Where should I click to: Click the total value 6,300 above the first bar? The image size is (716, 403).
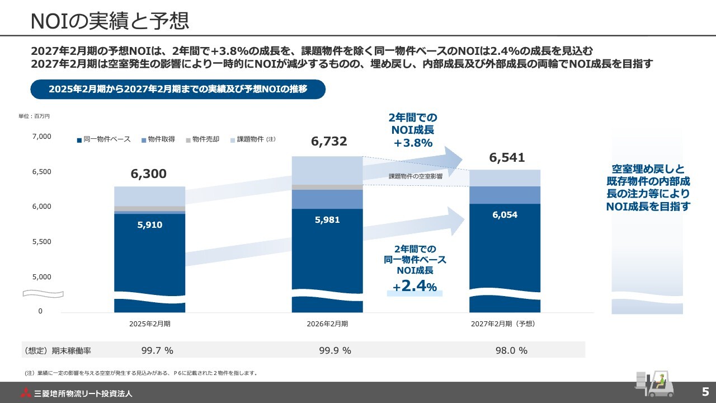(149, 174)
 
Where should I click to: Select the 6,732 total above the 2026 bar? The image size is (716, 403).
(329, 142)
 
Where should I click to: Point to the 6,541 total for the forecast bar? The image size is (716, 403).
(507, 158)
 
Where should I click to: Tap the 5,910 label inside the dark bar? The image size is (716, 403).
(150, 225)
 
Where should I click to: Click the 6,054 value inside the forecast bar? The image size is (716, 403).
(505, 215)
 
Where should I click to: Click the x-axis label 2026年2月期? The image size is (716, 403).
(327, 324)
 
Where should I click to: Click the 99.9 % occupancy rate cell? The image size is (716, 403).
(335, 351)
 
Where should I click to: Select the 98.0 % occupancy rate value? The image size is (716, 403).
(511, 351)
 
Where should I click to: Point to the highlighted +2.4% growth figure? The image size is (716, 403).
(414, 287)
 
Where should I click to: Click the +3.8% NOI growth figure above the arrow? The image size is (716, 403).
(413, 143)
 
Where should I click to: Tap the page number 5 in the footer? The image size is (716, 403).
(705, 391)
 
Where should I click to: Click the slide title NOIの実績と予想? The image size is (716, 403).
(110, 20)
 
